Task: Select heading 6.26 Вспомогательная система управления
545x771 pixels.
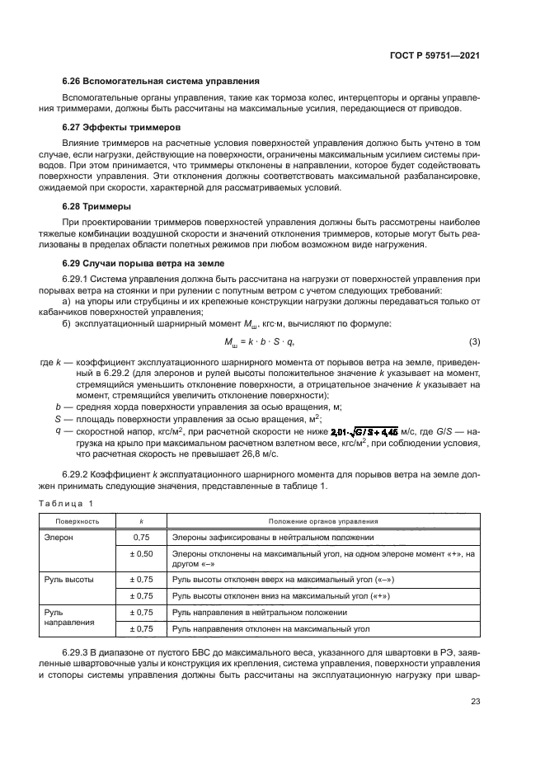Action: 161,82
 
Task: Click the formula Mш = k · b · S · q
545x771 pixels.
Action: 259,341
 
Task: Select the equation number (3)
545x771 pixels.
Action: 474,341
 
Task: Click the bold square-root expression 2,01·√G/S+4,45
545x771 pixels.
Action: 364,430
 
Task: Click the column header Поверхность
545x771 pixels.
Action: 78,521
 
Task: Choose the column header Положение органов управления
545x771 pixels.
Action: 323,521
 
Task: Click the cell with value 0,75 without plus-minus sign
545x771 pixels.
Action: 142,537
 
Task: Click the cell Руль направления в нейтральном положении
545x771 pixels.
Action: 259,613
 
